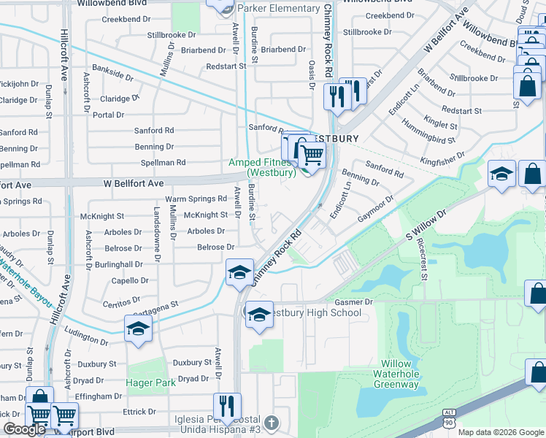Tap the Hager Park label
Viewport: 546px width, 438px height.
pyautogui.click(x=151, y=382)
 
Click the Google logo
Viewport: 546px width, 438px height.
pyautogui.click(x=24, y=429)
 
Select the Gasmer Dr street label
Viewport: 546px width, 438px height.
pyautogui.click(x=353, y=301)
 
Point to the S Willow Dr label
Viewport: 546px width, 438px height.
pyautogui.click(x=425, y=227)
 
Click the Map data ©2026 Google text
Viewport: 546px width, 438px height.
pyautogui.click(x=500, y=432)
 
